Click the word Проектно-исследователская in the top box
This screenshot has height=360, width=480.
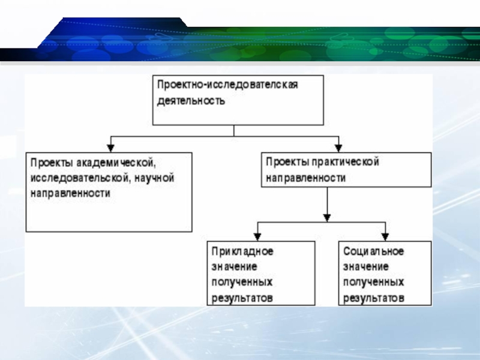tap(227, 85)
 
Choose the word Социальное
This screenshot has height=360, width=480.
tap(374, 251)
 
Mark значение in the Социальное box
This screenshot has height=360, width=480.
tap(366, 266)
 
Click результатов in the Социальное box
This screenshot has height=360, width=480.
tap(374, 298)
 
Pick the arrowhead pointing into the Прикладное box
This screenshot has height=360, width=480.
tap(258, 235)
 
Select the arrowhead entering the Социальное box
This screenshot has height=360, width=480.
tap(385, 235)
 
